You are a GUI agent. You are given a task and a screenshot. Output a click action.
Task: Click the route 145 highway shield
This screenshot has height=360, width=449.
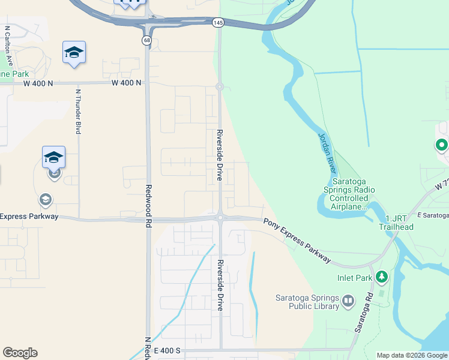(218, 22)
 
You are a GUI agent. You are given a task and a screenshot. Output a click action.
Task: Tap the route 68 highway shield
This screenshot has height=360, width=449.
(147, 40)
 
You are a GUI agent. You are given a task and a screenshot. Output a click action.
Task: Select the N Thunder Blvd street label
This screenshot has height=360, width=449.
(78, 112)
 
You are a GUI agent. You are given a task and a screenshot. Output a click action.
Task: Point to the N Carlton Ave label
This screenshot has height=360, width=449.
(8, 45)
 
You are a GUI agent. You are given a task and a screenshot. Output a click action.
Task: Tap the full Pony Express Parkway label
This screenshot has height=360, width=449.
(297, 240)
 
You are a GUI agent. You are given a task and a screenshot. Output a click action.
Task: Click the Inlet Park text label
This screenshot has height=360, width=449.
(355, 278)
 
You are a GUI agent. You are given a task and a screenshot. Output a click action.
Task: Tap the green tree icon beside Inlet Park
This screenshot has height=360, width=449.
(381, 277)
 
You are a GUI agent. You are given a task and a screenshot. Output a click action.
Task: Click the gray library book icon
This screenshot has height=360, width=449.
(348, 302)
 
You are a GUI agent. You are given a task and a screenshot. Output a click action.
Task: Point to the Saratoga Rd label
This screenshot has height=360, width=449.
(364, 313)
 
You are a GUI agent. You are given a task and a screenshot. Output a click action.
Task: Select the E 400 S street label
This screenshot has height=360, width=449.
(167, 350)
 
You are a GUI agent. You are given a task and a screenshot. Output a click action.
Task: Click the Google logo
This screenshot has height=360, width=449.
(20, 353)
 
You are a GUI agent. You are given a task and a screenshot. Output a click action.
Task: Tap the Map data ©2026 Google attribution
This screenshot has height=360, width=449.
(412, 355)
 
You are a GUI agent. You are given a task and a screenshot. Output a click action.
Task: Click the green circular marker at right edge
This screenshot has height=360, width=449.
(441, 145)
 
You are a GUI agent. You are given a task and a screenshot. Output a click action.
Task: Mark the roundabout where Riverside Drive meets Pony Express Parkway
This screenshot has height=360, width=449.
(221, 218)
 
